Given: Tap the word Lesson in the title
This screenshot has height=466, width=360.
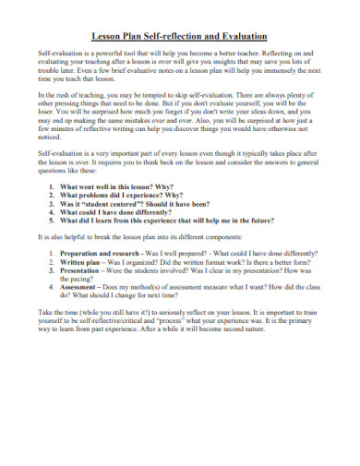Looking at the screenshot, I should (x=108, y=37).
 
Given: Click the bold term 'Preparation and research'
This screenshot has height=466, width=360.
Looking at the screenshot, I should (x=101, y=252).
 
